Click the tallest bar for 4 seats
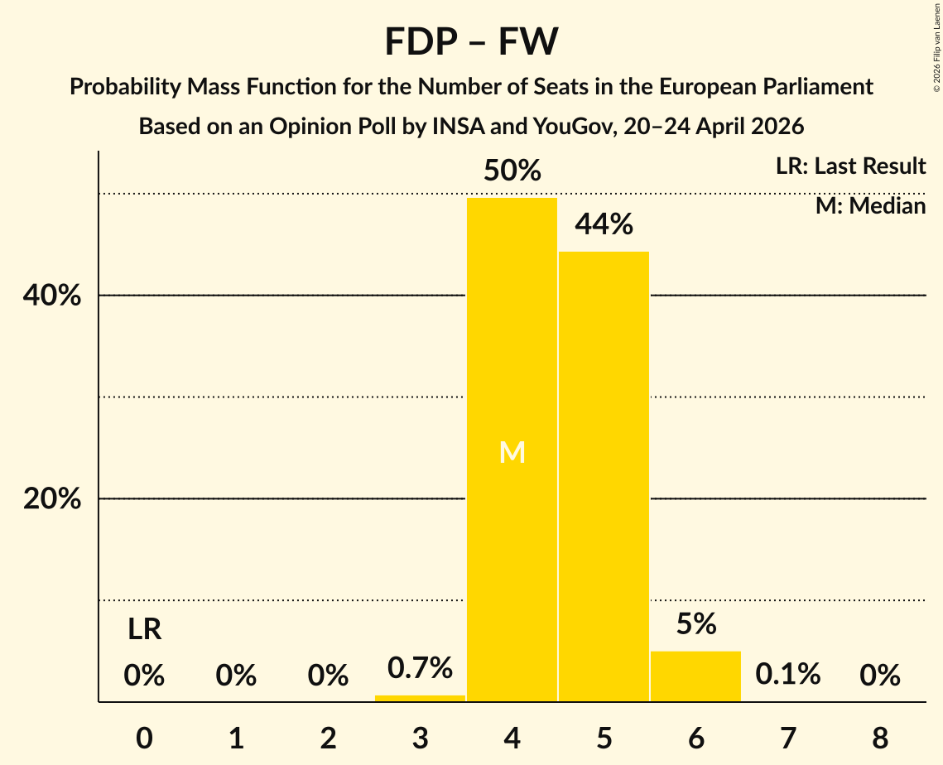pyautogui.click(x=512, y=450)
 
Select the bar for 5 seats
pyautogui.click(x=604, y=476)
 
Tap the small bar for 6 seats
pyautogui.click(x=695, y=676)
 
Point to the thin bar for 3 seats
pyautogui.click(x=420, y=698)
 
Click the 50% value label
pyautogui.click(x=512, y=171)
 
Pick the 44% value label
pyautogui.click(x=604, y=224)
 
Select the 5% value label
pyautogui.click(x=696, y=623)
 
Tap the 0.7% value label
pyautogui.click(x=420, y=667)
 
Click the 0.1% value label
pyautogui.click(x=788, y=674)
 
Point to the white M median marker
pyautogui.click(x=512, y=452)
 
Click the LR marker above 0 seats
pyautogui.click(x=144, y=629)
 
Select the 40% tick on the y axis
pyautogui.click(x=51, y=296)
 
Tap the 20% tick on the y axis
pyautogui.click(x=51, y=499)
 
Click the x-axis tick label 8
pyautogui.click(x=880, y=738)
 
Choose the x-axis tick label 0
pyautogui.click(x=144, y=738)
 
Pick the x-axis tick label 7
pyautogui.click(x=788, y=738)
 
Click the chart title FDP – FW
pyautogui.click(x=472, y=41)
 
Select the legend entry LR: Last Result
pyautogui.click(x=850, y=166)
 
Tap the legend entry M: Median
pyautogui.click(x=870, y=206)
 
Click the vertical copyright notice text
pyautogui.click(x=936, y=47)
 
